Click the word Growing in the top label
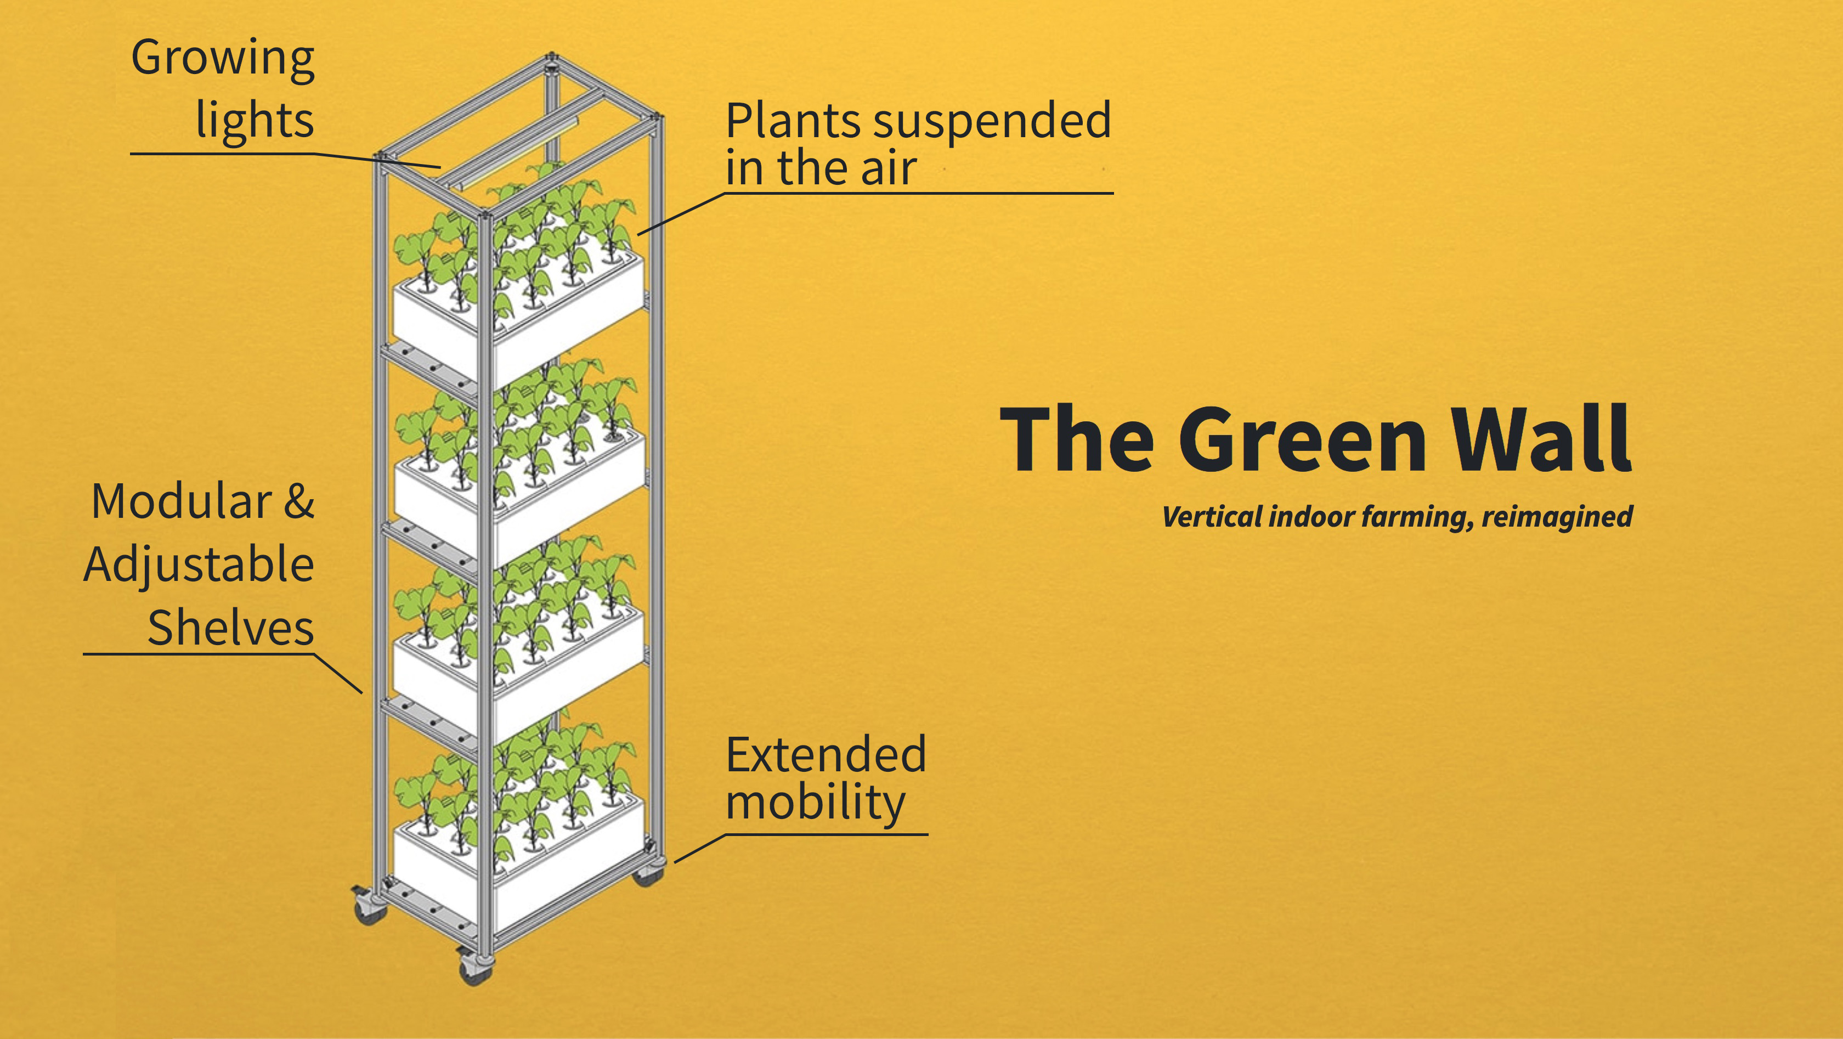[223, 59]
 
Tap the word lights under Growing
[255, 119]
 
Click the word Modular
[182, 501]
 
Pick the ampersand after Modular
[299, 501]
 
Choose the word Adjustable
[199, 565]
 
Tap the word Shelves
[230, 628]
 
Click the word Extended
[826, 755]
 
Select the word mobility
[815, 803]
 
